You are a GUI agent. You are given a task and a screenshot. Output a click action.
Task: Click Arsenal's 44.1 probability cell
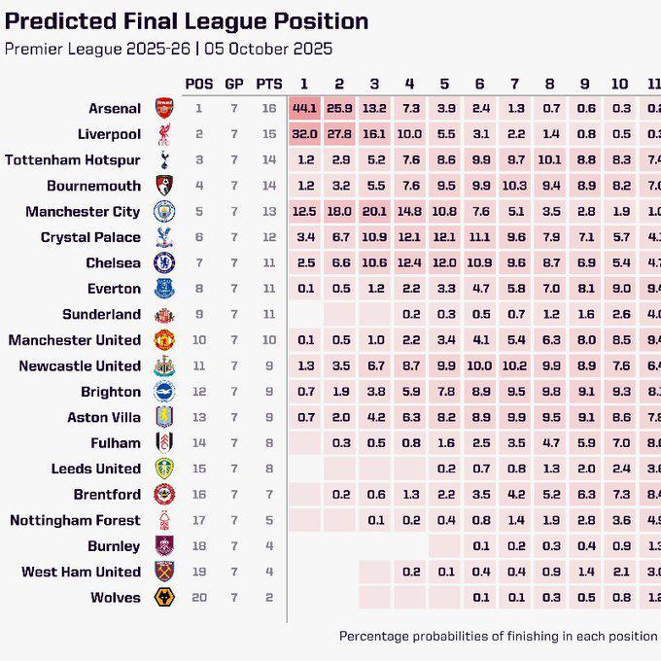point(304,109)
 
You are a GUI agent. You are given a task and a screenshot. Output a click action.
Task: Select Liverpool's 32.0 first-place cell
point(304,134)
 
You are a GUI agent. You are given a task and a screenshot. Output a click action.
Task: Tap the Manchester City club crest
point(163,211)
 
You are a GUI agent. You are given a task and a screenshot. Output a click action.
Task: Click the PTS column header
point(269,84)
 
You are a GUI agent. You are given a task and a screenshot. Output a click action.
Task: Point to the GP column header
point(234,84)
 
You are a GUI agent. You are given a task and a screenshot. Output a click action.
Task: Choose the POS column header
point(199,84)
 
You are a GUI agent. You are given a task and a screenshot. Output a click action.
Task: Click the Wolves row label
point(115,598)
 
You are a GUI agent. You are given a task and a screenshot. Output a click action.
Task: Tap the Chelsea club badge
point(163,262)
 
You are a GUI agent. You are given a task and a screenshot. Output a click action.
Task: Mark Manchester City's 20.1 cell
point(374,211)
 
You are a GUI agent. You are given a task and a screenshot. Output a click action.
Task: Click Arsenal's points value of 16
point(269,109)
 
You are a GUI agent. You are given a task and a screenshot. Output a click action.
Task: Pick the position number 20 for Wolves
point(199,598)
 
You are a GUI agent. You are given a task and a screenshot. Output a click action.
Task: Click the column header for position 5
point(444,84)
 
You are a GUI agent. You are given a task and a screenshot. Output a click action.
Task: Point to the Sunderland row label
point(101,314)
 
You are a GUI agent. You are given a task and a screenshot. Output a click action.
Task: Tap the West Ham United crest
point(163,572)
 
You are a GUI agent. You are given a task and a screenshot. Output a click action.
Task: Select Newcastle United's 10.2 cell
point(514,365)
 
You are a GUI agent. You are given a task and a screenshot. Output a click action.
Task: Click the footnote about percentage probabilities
point(498,637)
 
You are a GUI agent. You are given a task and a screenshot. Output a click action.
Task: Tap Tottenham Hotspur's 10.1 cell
point(549,159)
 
